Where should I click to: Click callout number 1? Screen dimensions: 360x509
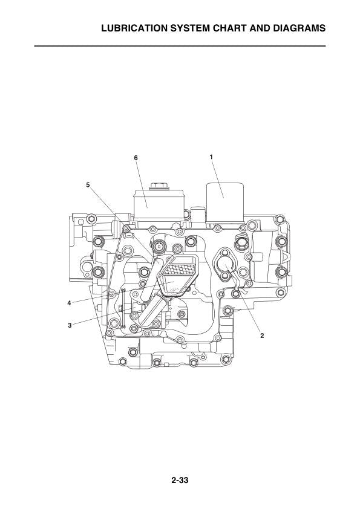pos(211,157)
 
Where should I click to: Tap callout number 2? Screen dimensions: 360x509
pos(262,336)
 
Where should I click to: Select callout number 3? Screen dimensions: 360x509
pos(70,325)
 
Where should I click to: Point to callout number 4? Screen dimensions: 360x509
pos(69,303)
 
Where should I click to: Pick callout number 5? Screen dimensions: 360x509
pos(88,185)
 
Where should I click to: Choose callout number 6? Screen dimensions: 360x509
pos(136,158)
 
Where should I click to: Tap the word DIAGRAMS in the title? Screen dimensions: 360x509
pos(299,28)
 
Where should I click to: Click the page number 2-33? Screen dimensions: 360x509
pos(180,480)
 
